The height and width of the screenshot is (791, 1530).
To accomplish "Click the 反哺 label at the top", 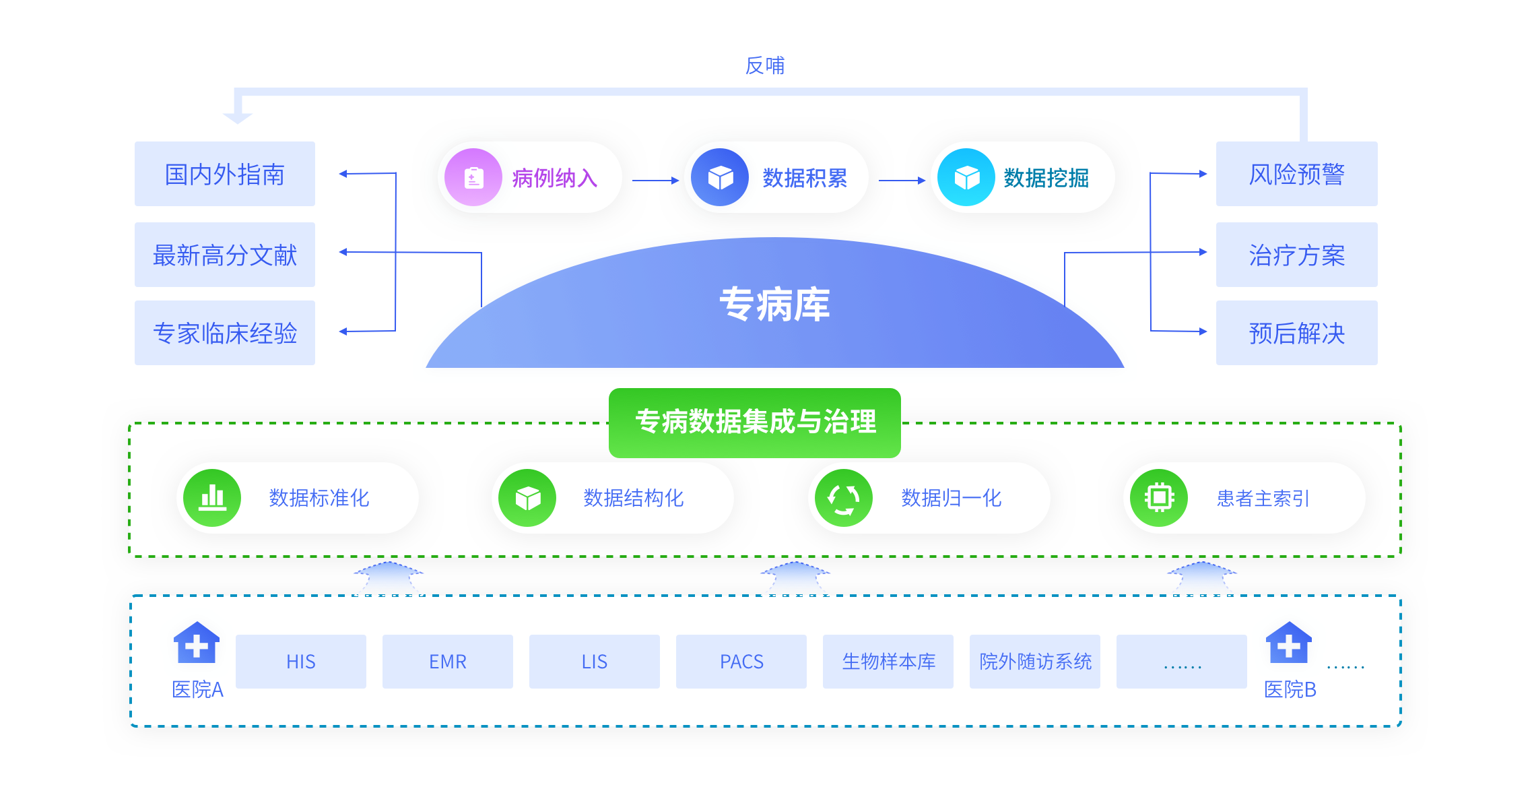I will (764, 65).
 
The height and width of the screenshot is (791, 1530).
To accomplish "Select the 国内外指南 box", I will (224, 174).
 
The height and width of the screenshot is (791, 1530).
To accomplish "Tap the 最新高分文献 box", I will (224, 255).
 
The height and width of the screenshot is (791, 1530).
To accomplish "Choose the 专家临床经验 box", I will (224, 333).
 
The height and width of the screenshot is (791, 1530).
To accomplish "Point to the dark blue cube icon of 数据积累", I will (720, 178).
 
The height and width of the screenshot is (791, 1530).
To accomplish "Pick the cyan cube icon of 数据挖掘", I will (966, 178).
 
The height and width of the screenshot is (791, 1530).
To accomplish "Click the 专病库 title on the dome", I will (774, 304).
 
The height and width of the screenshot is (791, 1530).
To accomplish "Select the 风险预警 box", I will (1296, 174).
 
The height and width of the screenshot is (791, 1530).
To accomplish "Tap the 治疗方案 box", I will (1296, 255).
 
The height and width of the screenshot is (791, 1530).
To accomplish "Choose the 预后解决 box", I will (1296, 333).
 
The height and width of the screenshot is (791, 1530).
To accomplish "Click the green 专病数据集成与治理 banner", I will (755, 422).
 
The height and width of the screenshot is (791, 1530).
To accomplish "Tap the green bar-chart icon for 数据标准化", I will (212, 498).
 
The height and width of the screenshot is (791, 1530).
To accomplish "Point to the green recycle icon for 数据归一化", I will (843, 498).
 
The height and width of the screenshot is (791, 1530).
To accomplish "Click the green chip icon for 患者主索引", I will (1159, 498).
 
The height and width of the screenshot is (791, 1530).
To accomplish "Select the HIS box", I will (300, 662).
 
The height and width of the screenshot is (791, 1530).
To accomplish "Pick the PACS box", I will (741, 662).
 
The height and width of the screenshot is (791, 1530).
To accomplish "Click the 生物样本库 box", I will (888, 662).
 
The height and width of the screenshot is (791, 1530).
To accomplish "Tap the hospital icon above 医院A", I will (197, 643).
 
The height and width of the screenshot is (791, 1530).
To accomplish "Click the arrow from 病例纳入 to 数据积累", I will (655, 181).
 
